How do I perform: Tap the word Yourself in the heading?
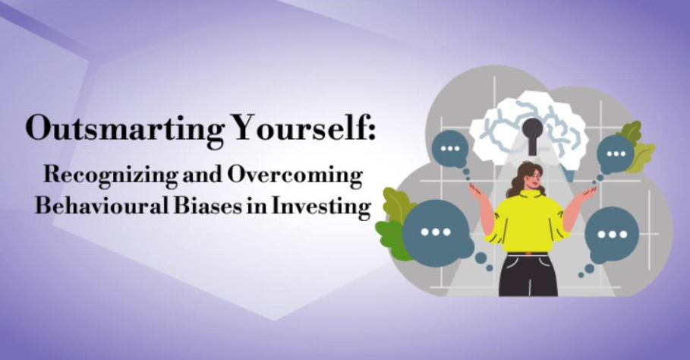click(x=301, y=128)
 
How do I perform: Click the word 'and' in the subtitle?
click(x=203, y=175)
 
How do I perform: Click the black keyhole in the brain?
click(x=533, y=135)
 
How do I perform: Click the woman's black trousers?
click(x=528, y=275)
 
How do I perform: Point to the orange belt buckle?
click(x=528, y=254)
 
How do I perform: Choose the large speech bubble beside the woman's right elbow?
click(x=436, y=232)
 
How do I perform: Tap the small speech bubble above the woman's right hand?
click(x=449, y=149)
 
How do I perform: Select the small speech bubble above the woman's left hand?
click(x=615, y=154)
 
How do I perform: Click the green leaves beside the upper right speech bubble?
click(x=637, y=147)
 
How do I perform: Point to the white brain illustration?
click(x=528, y=128)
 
